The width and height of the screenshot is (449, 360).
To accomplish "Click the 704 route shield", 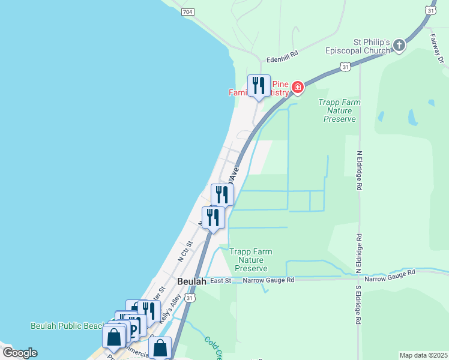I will tap(187, 11).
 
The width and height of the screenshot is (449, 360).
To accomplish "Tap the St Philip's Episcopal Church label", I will tap(364, 47).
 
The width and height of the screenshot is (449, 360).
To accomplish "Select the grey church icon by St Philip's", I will tap(399, 44).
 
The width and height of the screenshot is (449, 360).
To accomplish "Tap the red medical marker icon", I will tap(297, 89).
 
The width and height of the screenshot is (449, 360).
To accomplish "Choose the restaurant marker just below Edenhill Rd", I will tap(259, 86).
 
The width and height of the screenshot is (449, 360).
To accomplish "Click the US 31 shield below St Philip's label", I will tap(345, 67).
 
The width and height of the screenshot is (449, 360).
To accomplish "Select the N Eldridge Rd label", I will tap(359, 170).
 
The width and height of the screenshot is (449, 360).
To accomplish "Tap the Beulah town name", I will tap(191, 281).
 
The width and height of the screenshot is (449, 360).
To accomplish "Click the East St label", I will tap(220, 280).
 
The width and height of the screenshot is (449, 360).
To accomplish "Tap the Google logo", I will tap(19, 353).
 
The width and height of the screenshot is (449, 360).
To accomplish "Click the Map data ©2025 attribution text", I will tap(423, 355).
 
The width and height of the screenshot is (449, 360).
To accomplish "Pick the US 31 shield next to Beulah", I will tap(190, 298).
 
